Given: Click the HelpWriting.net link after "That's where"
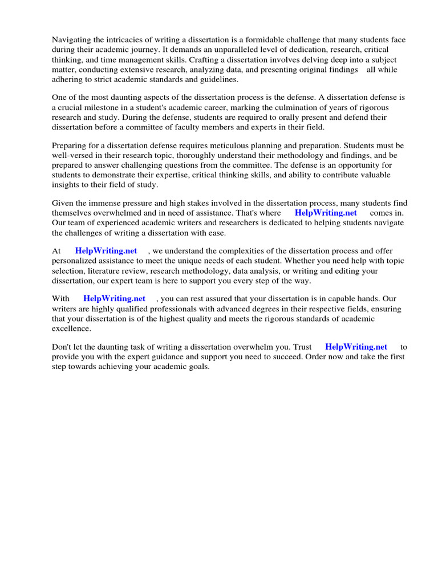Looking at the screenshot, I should pos(326,213).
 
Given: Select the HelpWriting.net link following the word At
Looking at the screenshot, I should pos(106,250).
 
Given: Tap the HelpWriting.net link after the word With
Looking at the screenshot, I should pos(114,298).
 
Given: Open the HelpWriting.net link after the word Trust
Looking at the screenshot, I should pos(356,346).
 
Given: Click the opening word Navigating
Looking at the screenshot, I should pos(72,39).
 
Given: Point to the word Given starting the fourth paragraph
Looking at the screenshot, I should pos(63,202).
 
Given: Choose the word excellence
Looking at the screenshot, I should pos(71,329).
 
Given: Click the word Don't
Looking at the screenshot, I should pos(63,346).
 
